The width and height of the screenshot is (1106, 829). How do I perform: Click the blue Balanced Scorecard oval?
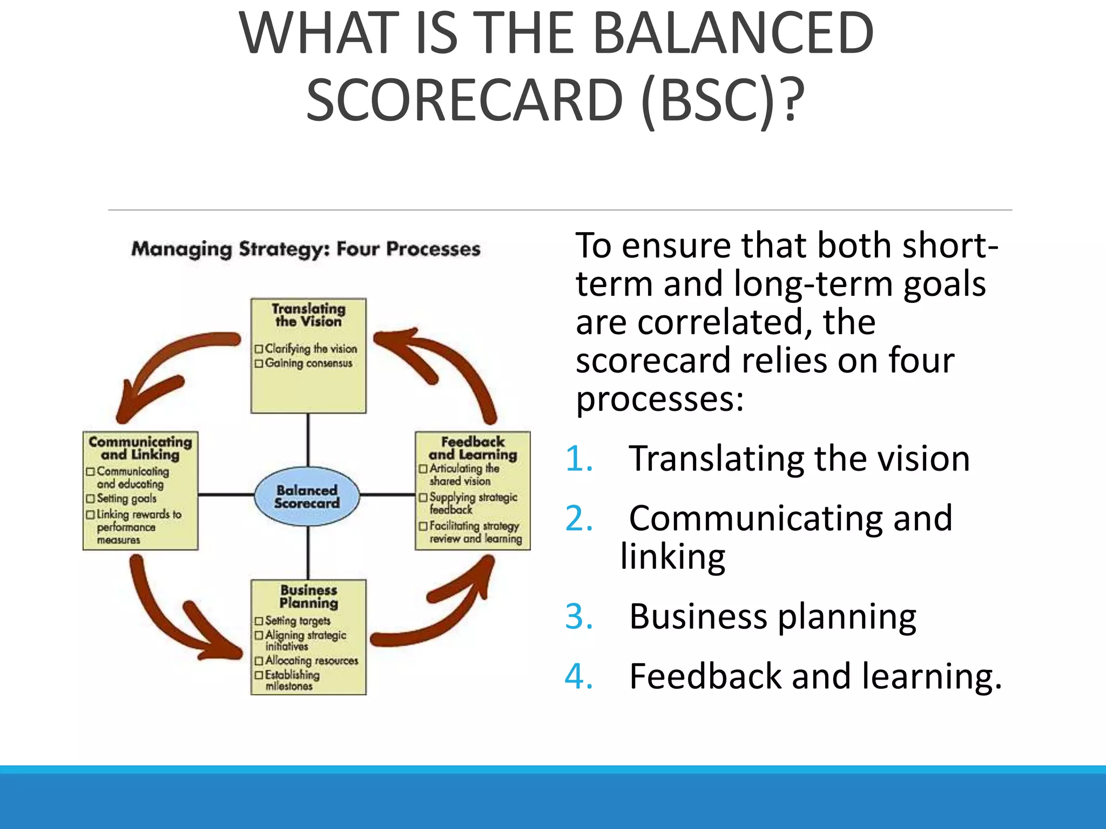coord(307,497)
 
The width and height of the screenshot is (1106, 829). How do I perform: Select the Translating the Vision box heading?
coord(308,315)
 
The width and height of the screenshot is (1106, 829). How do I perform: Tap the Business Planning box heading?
coord(308,596)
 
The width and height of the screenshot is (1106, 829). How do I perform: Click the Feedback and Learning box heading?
coord(473,449)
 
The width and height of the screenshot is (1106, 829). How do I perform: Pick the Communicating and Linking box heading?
coord(140,449)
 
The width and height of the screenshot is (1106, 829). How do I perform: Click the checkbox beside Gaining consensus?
coord(259,364)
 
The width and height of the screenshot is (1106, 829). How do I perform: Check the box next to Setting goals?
coord(90,499)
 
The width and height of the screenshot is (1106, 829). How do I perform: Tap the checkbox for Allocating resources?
coord(259,661)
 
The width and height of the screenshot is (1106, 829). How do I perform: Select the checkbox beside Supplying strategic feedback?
coord(423,497)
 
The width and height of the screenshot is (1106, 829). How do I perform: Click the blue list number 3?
coord(579,616)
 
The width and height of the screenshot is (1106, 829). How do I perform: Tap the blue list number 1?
coord(579,459)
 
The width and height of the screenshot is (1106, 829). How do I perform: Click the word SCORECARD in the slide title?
coord(464,100)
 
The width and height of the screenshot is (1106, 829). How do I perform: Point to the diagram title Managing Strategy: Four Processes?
coord(306,249)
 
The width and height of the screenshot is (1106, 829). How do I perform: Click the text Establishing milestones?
coord(292,680)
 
